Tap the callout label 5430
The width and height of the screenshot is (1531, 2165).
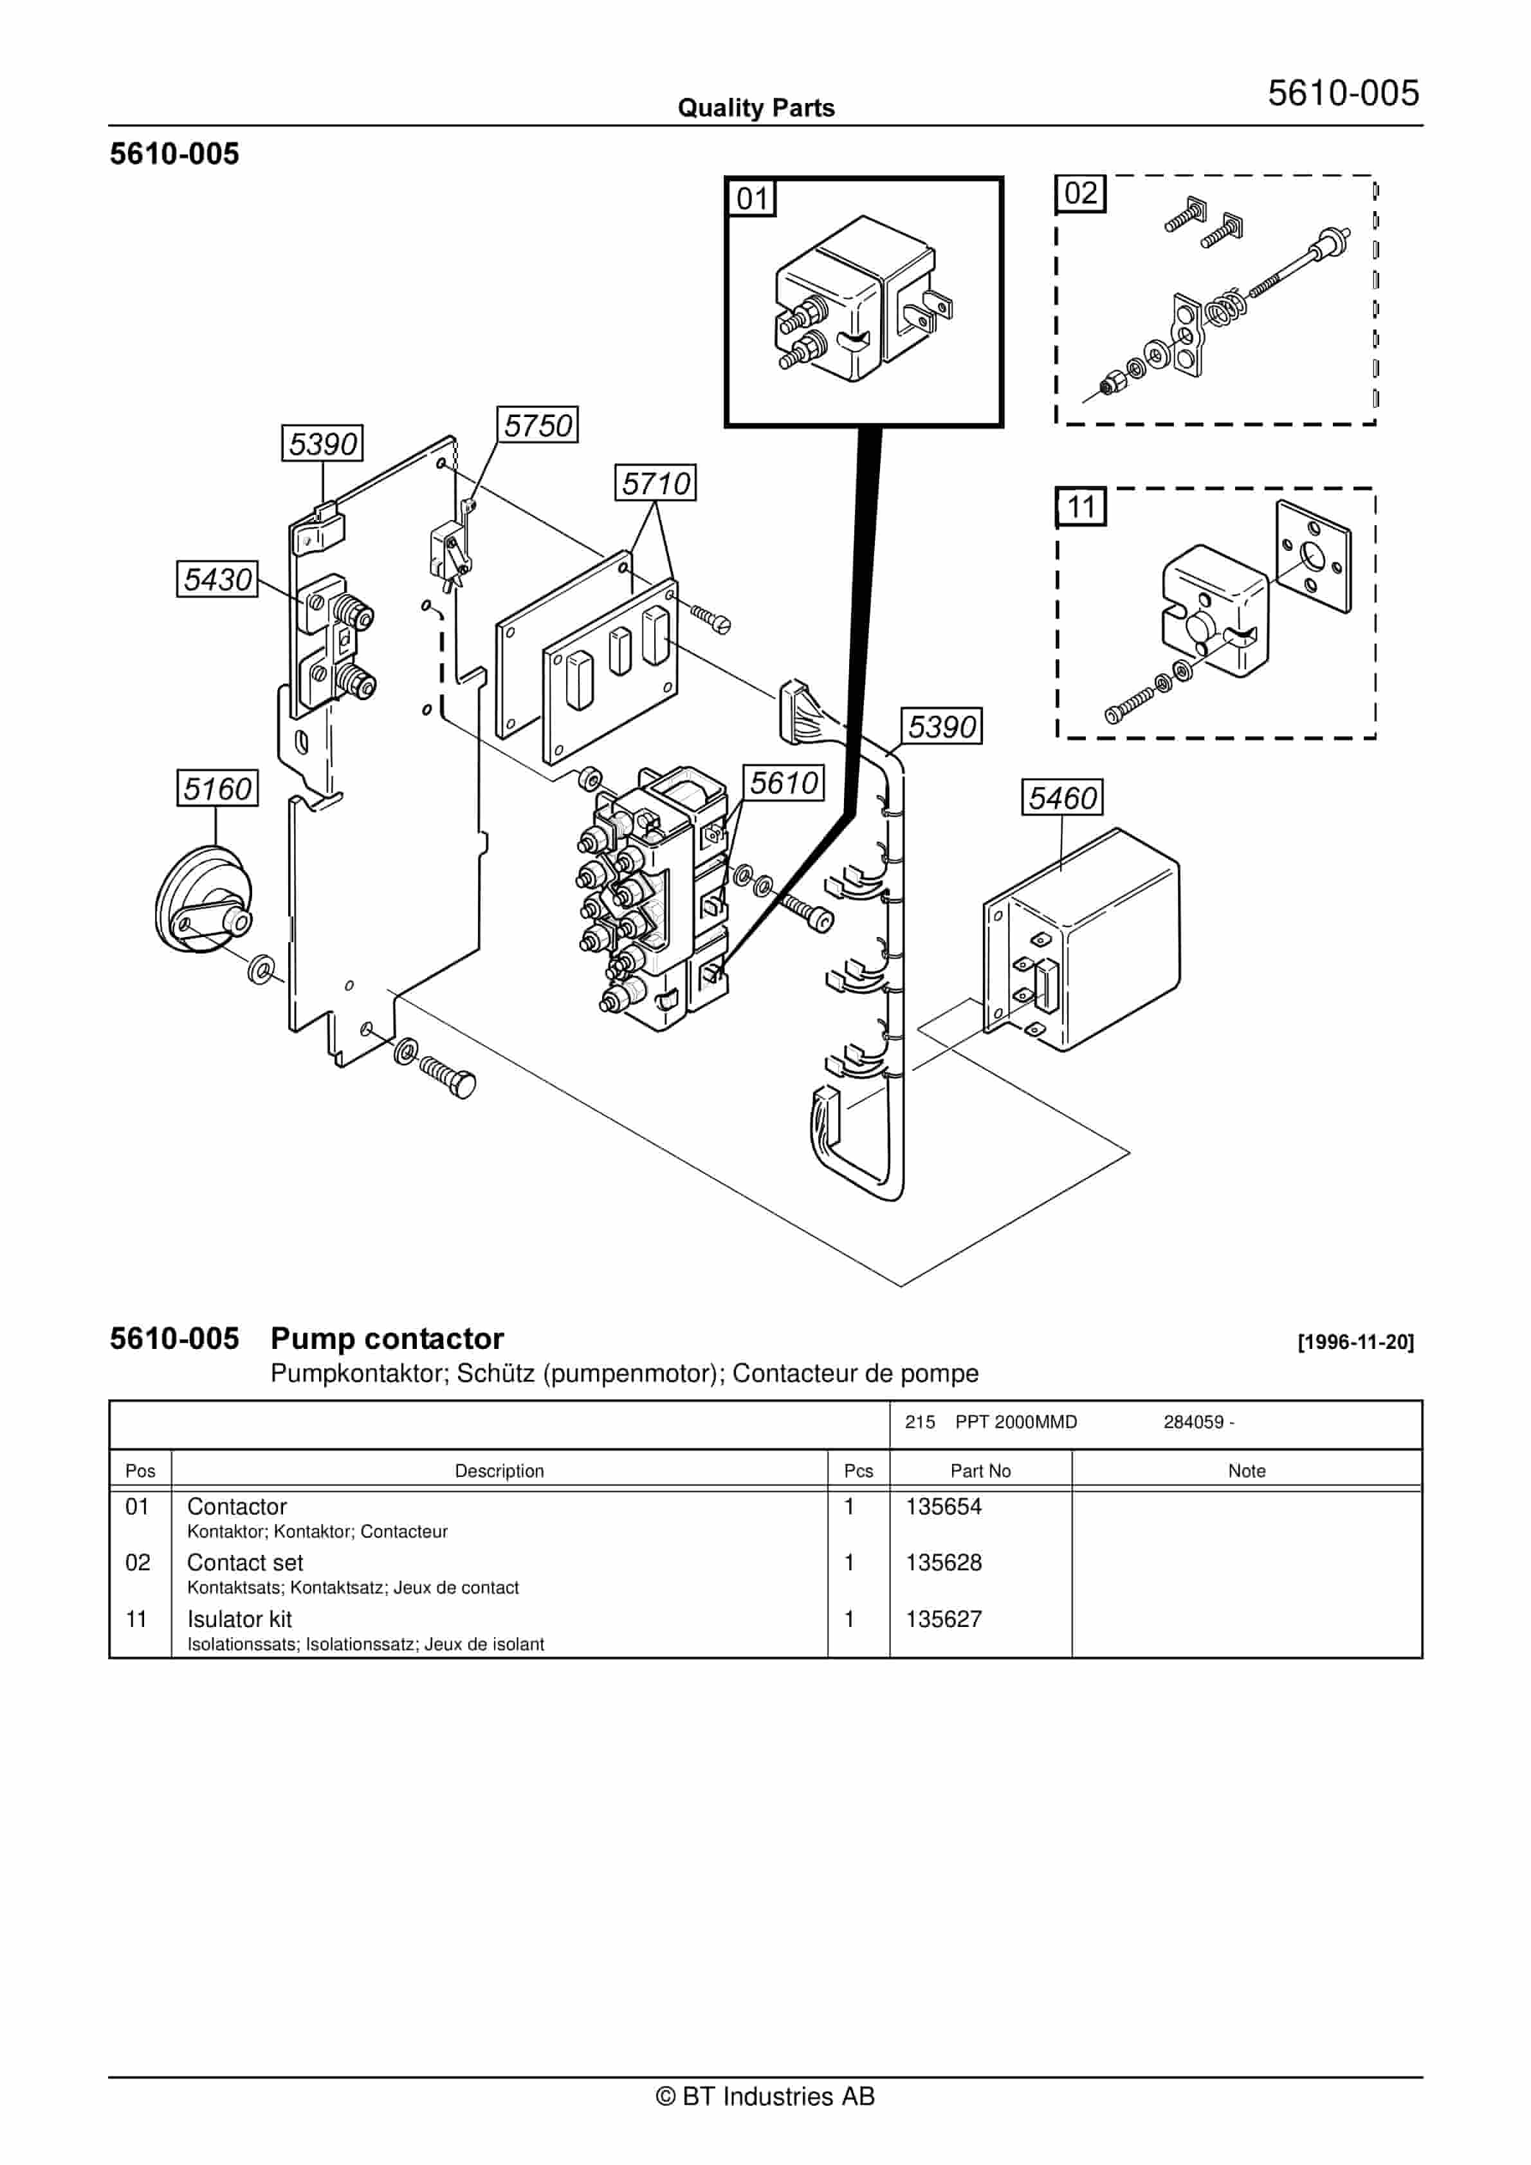218,579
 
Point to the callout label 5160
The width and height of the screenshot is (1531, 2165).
218,788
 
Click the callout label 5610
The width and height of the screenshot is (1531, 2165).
784,783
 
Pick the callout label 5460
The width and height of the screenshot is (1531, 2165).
1063,798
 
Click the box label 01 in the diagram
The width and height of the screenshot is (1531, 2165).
752,198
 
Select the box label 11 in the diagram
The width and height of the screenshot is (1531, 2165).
1080,507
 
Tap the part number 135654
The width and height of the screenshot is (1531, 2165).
944,1506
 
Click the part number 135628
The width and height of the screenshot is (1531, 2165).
944,1563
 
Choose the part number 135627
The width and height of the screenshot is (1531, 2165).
944,1619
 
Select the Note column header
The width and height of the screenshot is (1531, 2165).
1246,1471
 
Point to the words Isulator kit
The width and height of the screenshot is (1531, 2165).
239,1619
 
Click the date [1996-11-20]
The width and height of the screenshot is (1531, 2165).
1355,1342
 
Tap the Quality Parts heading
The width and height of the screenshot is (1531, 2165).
756,107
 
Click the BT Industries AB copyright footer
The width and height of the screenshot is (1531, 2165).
765,2096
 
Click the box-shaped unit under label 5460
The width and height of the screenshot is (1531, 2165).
1084,943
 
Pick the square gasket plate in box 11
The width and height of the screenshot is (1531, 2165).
1313,556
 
